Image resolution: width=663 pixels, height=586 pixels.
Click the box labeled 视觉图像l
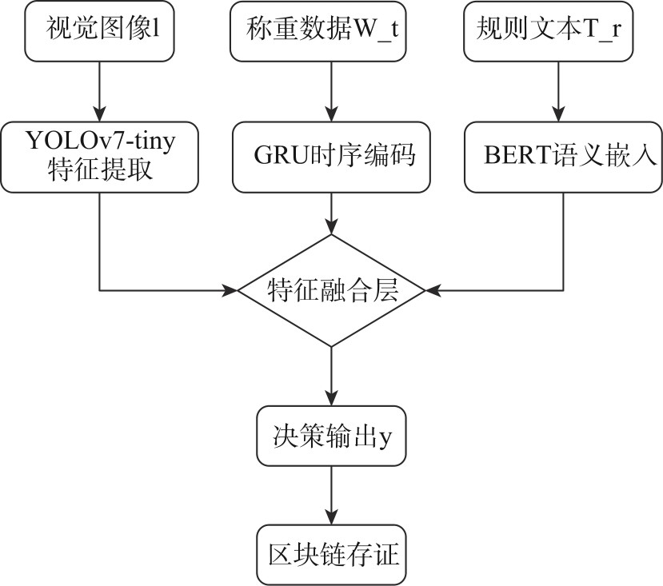100,31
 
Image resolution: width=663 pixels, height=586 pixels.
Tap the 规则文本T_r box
557,31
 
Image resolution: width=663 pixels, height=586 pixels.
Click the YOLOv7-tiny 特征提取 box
100,157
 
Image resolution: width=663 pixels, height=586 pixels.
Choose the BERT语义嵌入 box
562,157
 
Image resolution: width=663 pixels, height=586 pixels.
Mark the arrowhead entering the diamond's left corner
231,289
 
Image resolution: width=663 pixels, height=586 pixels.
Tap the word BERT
512,157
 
